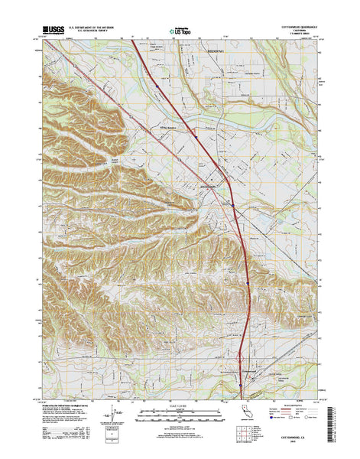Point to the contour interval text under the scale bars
tap(180, 425)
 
